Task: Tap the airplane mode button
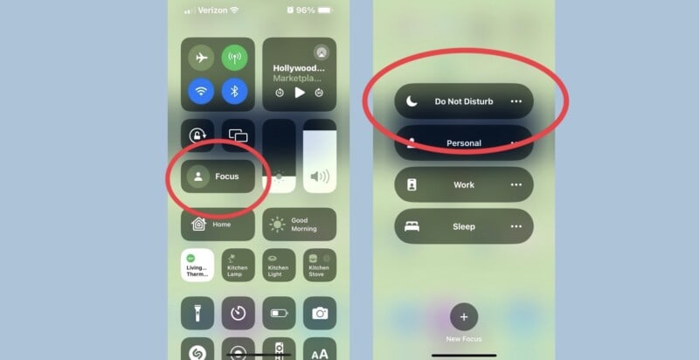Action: [x=201, y=59]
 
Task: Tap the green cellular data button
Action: [x=234, y=59]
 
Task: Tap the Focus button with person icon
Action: [x=218, y=177]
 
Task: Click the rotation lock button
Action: [x=197, y=135]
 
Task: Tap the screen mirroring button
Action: [x=238, y=135]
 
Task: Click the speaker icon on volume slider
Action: [x=320, y=177]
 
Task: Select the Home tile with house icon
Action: [x=218, y=225]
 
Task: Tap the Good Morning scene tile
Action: [x=299, y=225]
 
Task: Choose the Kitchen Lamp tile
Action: [x=238, y=265]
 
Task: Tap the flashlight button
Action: [x=197, y=313]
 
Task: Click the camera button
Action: [x=320, y=313]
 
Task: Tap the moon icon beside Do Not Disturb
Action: [x=412, y=101]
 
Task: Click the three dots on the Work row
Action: [x=516, y=185]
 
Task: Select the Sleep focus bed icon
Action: [x=412, y=226]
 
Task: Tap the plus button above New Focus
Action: [x=464, y=316]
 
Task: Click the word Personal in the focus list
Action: [x=464, y=143]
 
